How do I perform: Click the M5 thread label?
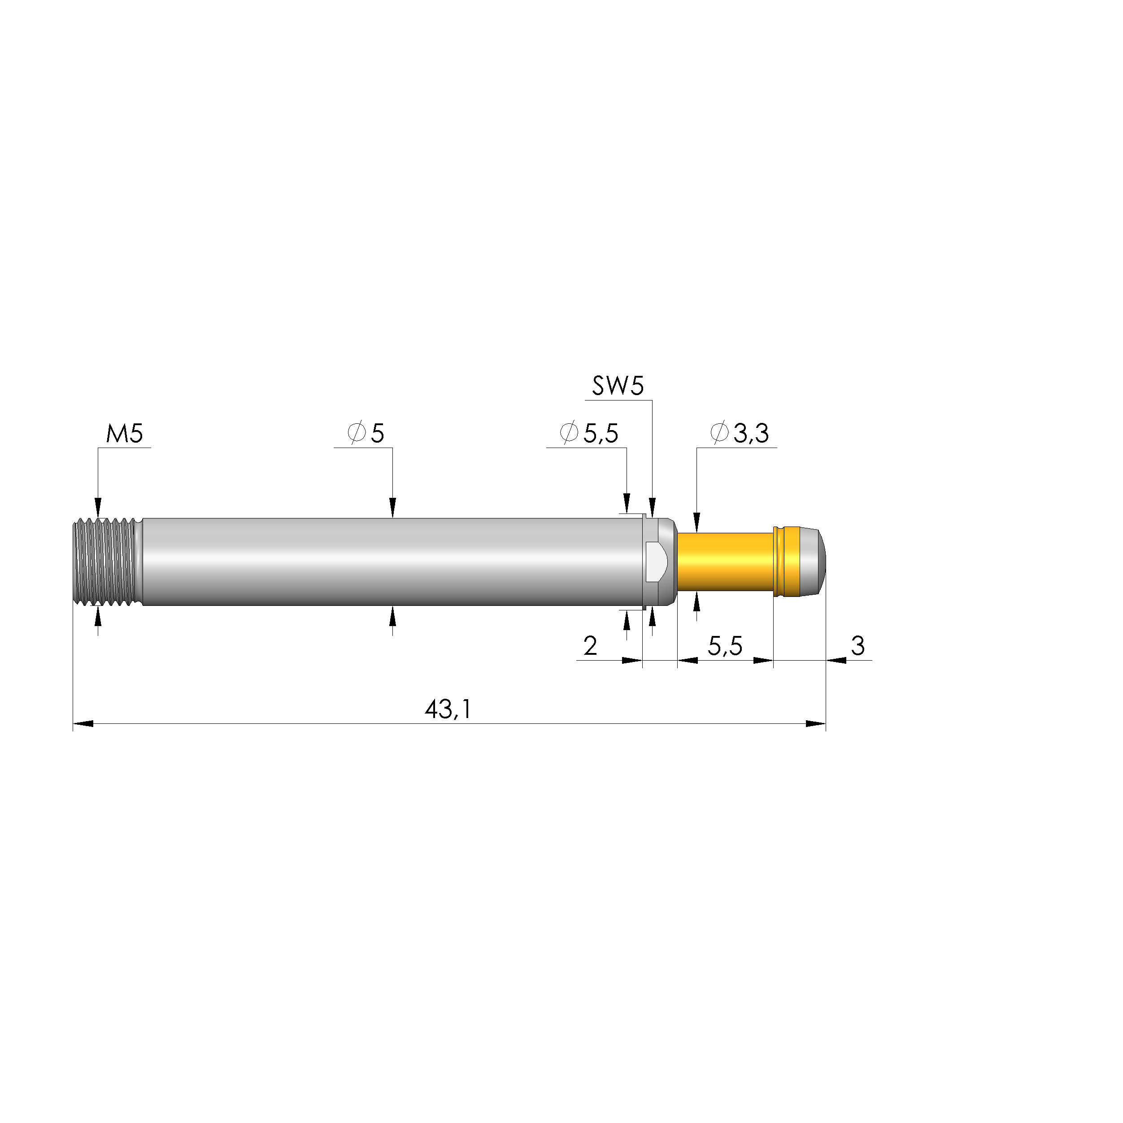pos(124,434)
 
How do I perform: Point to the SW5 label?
pos(618,386)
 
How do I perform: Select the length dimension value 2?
pos(590,646)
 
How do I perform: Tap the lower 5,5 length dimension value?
pos(725,646)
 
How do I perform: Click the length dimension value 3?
pos(858,645)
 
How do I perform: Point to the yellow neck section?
pos(724,561)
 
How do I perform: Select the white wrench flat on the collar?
pos(658,561)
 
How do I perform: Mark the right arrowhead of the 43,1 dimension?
pos(816,724)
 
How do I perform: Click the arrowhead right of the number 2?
pos(632,660)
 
